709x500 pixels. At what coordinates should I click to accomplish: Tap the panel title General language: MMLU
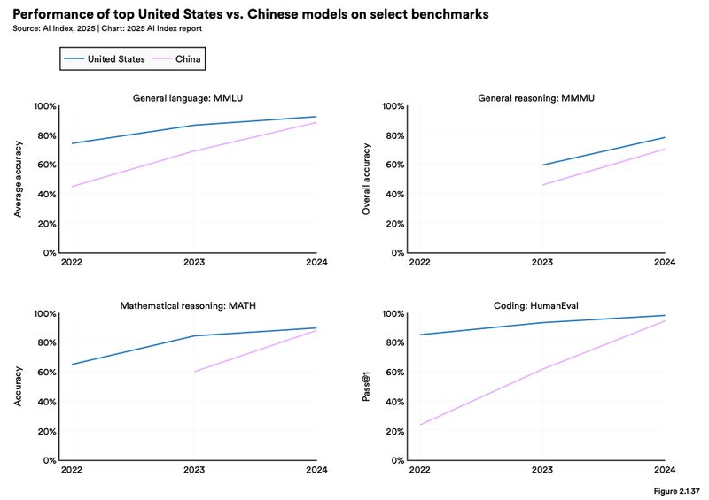coord(187,97)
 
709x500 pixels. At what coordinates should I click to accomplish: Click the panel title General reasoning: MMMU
coord(535,97)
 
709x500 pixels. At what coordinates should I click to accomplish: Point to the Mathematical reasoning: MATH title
coord(187,305)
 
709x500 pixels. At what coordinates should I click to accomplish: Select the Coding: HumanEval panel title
coord(535,305)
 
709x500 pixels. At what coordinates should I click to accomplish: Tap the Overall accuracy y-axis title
coord(366,180)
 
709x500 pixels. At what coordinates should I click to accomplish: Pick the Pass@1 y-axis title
coord(366,387)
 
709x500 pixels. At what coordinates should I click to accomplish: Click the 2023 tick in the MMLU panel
coord(193,263)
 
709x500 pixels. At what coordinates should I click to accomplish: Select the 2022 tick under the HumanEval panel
coord(420,470)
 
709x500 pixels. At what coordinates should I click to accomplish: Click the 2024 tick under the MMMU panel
coord(664,263)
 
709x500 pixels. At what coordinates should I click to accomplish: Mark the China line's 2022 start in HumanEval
coord(420,425)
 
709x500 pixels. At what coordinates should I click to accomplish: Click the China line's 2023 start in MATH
coord(193,372)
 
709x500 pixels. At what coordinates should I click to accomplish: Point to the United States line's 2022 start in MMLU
coord(72,143)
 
